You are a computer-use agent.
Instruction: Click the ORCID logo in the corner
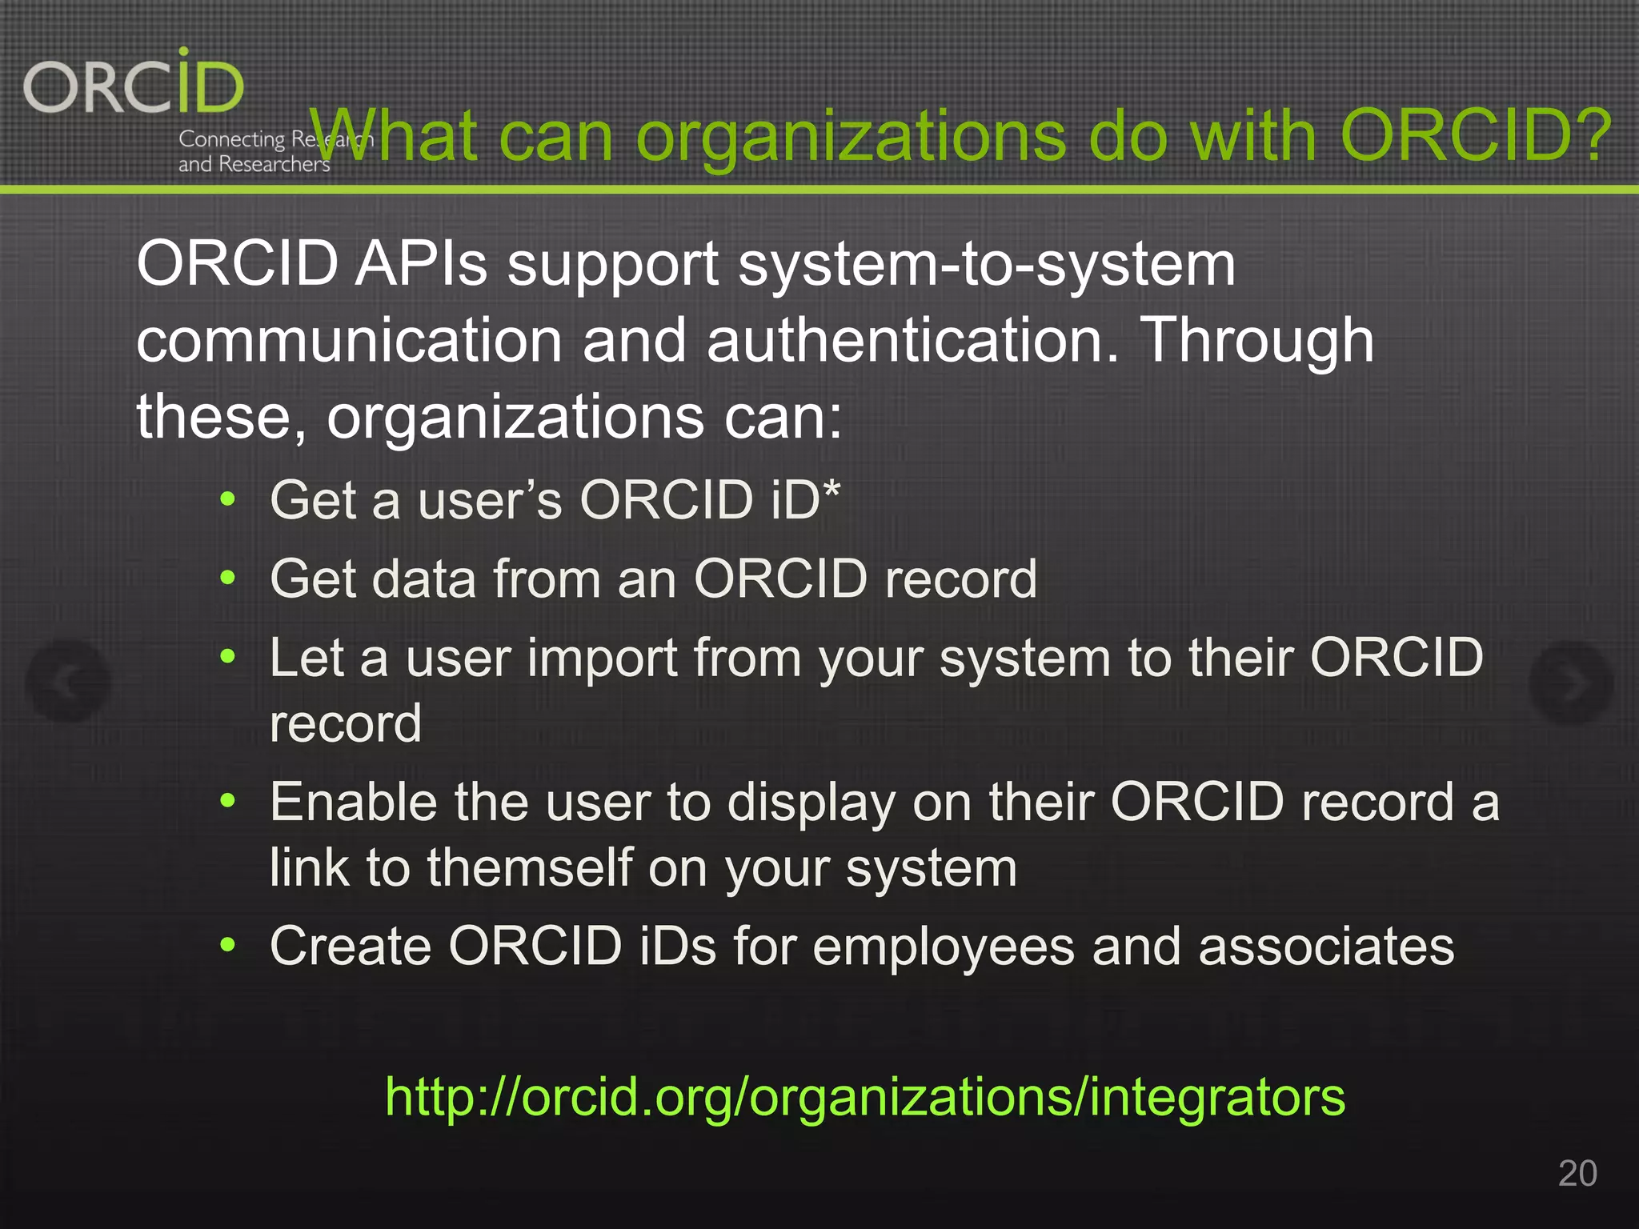click(x=134, y=85)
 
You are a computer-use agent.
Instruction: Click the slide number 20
click(x=1577, y=1173)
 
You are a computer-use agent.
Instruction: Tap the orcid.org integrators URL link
click(x=864, y=1096)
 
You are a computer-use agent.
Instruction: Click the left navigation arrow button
click(x=68, y=682)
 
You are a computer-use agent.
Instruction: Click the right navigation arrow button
click(x=1571, y=682)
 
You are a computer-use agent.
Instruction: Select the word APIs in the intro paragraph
click(x=422, y=264)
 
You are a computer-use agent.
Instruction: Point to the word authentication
click(x=912, y=341)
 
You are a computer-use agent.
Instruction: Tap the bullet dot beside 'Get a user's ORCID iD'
click(x=228, y=500)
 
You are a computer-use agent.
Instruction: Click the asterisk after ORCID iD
click(x=832, y=489)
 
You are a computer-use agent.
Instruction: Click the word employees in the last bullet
click(x=944, y=947)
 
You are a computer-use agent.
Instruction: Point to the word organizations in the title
click(x=851, y=138)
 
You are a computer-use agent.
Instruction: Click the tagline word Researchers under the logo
click(x=274, y=165)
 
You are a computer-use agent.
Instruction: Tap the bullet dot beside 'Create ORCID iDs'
click(x=228, y=945)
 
